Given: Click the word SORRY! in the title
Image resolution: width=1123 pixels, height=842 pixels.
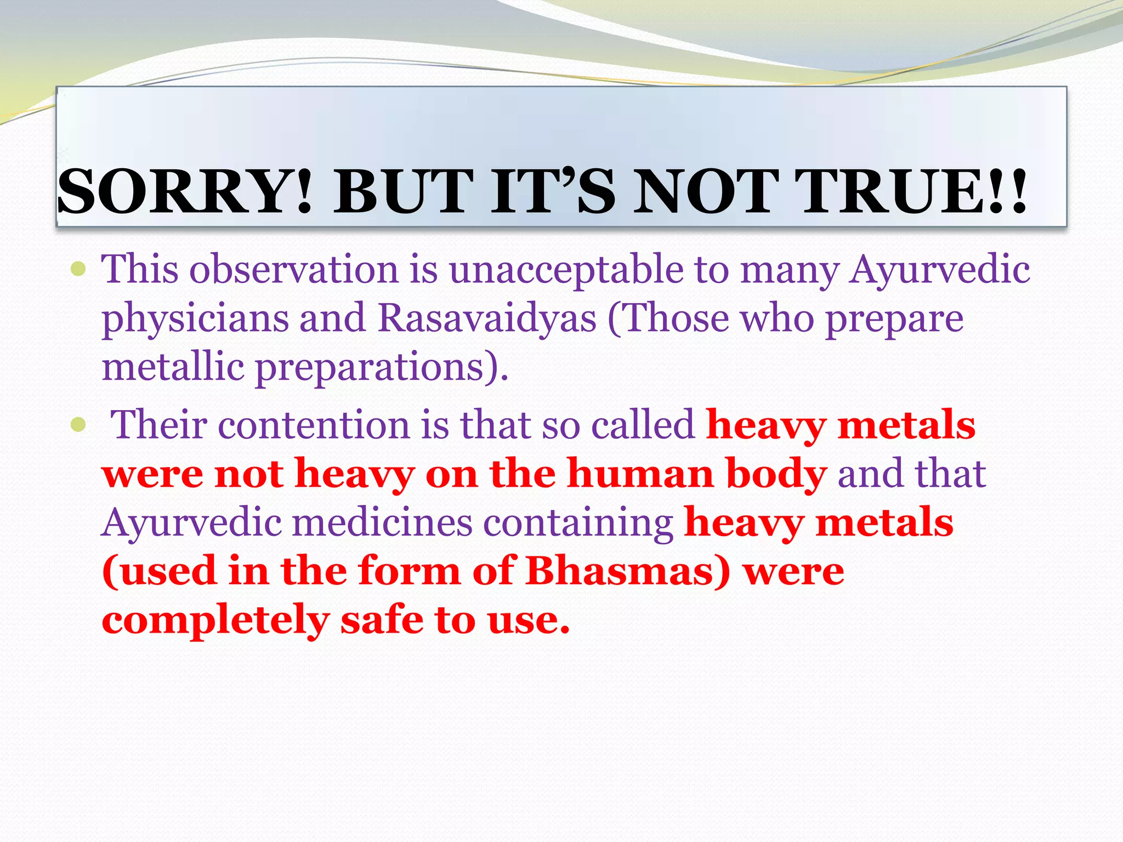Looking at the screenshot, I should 185,192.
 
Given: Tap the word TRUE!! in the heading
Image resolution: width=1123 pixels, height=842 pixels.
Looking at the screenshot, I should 913,192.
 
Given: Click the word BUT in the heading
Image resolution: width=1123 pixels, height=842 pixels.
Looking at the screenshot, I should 404,192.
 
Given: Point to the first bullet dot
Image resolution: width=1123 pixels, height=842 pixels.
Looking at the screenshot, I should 79,269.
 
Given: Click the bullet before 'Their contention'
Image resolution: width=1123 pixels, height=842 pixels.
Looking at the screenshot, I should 79,424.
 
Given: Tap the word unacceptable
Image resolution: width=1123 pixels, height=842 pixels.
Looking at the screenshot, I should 566,270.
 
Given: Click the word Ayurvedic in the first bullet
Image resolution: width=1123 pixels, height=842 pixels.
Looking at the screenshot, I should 939,270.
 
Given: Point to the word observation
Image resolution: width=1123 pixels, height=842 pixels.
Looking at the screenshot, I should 294,270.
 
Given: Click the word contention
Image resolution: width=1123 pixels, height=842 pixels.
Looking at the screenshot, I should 314,425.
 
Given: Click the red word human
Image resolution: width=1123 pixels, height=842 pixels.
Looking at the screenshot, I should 640,473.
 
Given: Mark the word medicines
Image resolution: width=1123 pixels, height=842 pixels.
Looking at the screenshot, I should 382,522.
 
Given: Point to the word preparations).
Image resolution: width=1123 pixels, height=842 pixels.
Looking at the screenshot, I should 382,367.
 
